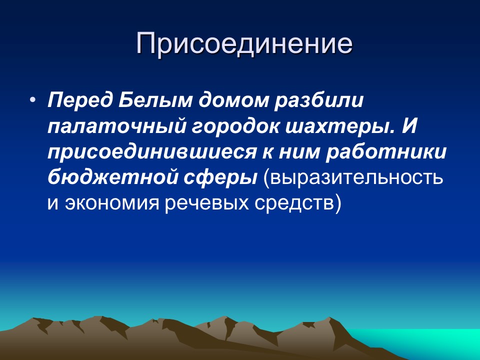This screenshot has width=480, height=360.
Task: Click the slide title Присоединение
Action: pyautogui.click(x=244, y=44)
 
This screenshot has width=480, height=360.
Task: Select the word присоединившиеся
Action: pyautogui.click(x=150, y=152)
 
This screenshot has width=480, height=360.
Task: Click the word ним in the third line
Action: pyautogui.click(x=297, y=152)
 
